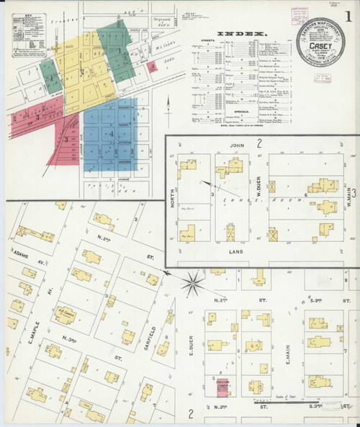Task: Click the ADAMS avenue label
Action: point(22,254)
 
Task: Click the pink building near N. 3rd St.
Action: point(223,390)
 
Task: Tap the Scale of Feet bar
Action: point(284,401)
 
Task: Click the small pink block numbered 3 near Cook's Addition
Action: point(153,66)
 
